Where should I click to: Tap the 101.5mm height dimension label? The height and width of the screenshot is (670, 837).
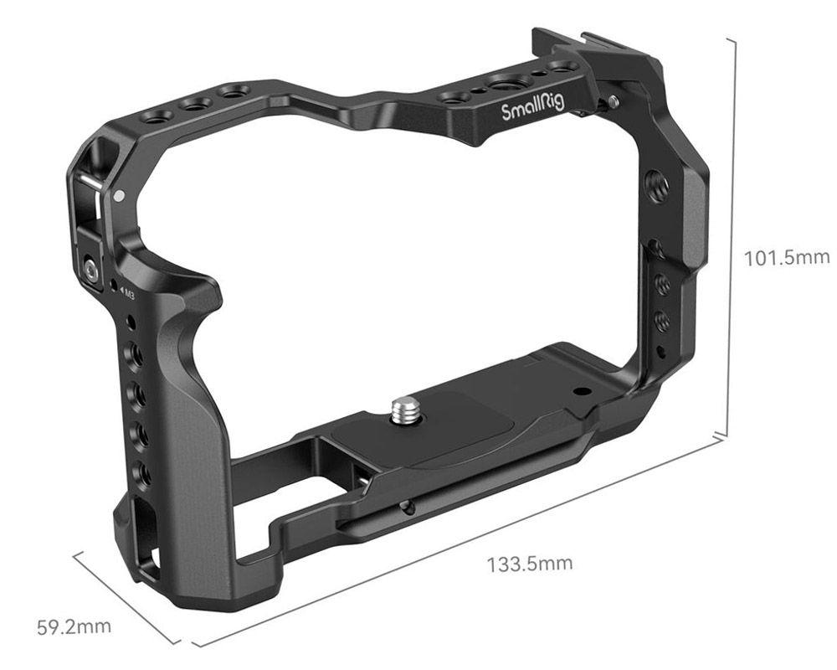[x=787, y=257]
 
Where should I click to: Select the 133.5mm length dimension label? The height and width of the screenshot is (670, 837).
[x=530, y=562]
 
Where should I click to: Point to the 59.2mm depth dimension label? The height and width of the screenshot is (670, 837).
[x=74, y=626]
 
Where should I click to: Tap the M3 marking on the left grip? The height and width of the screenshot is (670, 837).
[x=128, y=291]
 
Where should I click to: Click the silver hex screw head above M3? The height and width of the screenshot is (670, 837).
[x=90, y=269]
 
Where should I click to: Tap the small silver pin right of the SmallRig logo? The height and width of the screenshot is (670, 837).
[x=614, y=101]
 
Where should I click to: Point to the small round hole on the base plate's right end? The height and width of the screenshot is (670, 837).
[x=578, y=391]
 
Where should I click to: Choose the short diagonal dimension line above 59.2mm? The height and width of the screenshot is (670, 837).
[x=126, y=595]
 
